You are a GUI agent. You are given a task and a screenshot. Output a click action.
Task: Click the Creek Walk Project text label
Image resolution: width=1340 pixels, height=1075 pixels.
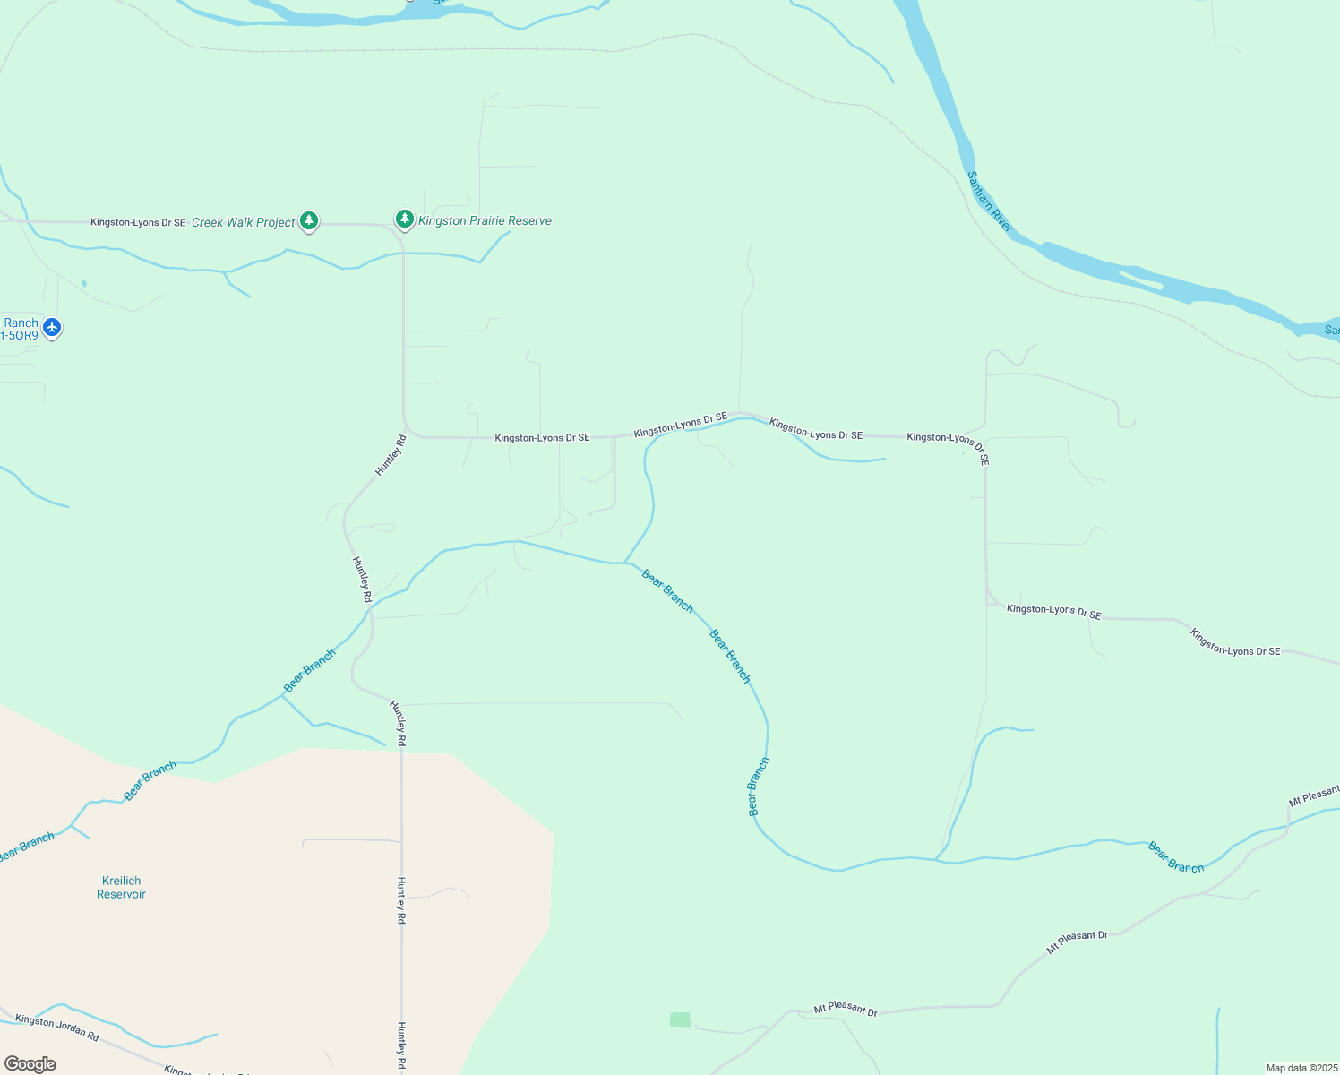[243, 222]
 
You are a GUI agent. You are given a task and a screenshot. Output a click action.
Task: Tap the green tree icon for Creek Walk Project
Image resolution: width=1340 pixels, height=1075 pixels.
[309, 219]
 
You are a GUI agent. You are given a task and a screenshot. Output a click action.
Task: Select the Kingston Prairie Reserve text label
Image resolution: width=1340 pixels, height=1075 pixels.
[485, 220]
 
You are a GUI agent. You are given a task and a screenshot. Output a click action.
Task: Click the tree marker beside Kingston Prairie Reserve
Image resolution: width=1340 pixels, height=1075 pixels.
[405, 219]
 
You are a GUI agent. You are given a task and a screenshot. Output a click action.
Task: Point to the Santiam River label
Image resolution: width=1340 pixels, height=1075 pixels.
[990, 202]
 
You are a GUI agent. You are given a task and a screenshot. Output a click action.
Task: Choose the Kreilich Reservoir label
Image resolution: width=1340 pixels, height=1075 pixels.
[121, 887]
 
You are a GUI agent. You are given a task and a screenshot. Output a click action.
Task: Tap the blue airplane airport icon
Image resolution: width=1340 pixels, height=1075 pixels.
[52, 328]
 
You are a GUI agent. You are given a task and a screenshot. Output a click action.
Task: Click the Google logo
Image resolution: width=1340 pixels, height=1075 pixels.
[30, 1064]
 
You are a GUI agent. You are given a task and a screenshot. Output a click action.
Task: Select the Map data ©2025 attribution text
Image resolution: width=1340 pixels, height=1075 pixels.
[1301, 1068]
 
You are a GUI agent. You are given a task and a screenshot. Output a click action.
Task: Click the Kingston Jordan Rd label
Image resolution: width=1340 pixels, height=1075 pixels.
[57, 1027]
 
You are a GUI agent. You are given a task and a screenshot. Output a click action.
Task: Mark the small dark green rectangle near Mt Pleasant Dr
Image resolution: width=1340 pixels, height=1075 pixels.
[680, 1019]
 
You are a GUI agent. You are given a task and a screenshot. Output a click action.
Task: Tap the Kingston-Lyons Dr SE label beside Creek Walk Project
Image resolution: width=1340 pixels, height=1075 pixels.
[138, 222]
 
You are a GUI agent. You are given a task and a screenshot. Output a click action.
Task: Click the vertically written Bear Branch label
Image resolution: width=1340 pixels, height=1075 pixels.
[758, 787]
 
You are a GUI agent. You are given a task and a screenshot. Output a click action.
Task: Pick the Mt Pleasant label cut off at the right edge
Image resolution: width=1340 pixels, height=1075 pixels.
[1314, 795]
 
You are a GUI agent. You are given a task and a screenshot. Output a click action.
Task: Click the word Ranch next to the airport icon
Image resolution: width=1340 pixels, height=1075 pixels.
[21, 323]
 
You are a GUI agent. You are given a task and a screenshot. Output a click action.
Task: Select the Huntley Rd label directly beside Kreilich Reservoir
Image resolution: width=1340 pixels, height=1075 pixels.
[401, 900]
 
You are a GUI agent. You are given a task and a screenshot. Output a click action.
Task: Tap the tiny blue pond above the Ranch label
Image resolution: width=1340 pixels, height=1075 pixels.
[84, 284]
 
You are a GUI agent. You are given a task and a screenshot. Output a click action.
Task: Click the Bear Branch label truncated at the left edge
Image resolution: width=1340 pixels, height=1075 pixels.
[27, 847]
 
